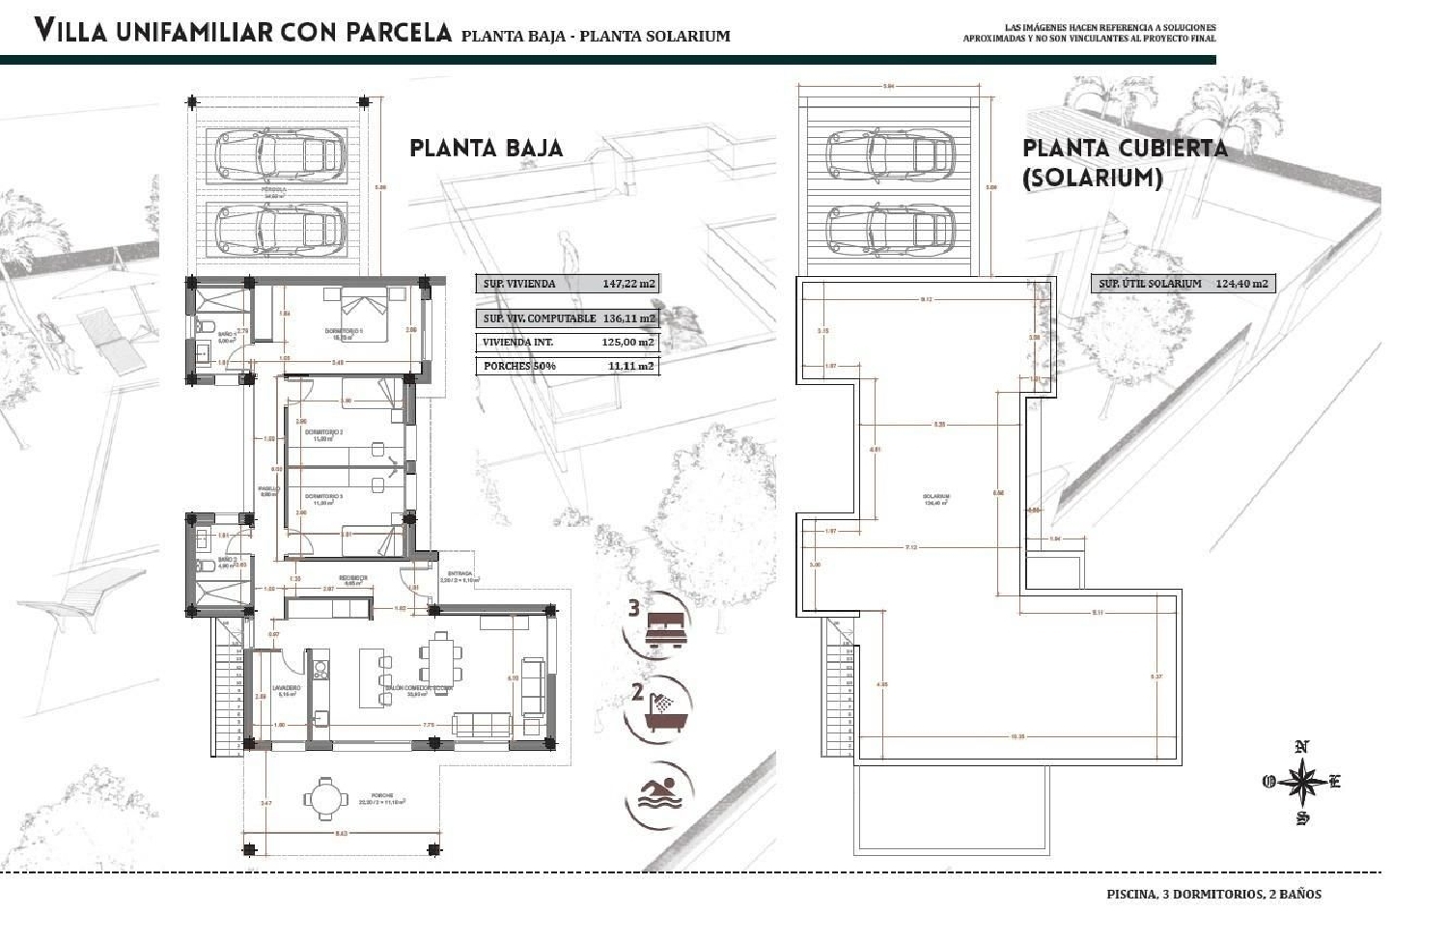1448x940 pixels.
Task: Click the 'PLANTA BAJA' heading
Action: pyautogui.click(x=486, y=149)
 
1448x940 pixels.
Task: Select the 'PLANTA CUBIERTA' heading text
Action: pyautogui.click(x=1125, y=149)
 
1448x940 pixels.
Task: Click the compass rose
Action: pyautogui.click(x=1302, y=781)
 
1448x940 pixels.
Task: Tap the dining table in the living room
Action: pyautogui.click(x=439, y=657)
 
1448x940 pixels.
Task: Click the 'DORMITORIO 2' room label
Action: pyautogui.click(x=325, y=433)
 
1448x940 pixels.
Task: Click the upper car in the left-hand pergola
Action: pyautogui.click(x=271, y=154)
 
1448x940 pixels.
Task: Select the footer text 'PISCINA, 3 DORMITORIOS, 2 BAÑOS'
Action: pyautogui.click(x=1213, y=894)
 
